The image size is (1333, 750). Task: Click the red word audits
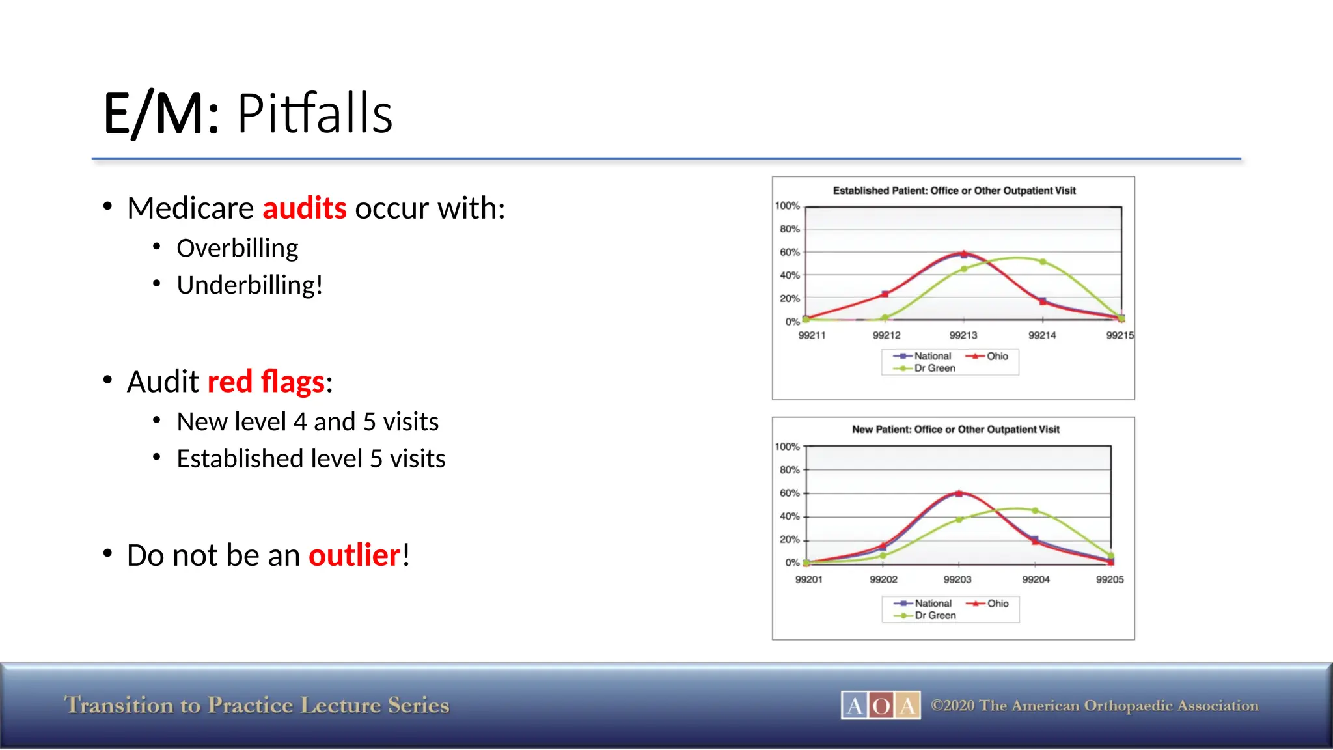(304, 208)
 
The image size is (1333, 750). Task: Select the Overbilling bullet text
(237, 248)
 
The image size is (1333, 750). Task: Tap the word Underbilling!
(249, 285)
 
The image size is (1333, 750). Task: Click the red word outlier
(354, 555)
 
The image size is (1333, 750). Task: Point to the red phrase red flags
(266, 382)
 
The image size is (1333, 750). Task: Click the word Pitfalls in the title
(314, 114)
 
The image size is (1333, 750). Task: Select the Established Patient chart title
(954, 191)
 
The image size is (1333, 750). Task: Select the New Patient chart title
(955, 430)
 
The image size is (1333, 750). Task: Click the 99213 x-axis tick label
(963, 335)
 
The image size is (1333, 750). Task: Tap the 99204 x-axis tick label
(1035, 579)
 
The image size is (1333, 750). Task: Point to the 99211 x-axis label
(811, 335)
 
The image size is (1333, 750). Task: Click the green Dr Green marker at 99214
(1043, 262)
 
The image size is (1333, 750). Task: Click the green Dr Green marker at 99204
(1035, 511)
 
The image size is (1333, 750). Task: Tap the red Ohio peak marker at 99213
(963, 253)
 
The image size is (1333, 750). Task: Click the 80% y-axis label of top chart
(789, 229)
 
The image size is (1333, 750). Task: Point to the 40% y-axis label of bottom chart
(789, 516)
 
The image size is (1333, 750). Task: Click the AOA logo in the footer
(880, 705)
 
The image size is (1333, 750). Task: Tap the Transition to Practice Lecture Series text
(256, 705)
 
